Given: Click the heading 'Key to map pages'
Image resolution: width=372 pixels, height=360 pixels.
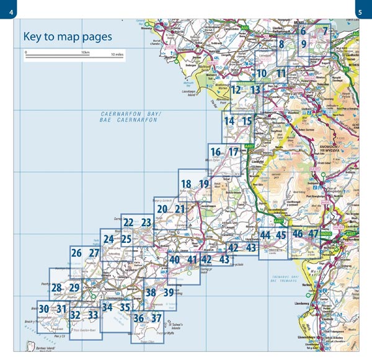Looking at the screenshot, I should pyautogui.click(x=68, y=37).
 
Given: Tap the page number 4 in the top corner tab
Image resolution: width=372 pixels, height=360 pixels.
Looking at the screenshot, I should pyautogui.click(x=7, y=9).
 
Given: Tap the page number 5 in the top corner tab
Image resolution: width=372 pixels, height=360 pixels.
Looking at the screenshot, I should pyautogui.click(x=365, y=9).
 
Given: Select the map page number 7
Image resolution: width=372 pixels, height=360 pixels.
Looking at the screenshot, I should pyautogui.click(x=324, y=30).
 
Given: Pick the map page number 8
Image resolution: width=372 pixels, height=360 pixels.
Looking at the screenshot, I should pyautogui.click(x=281, y=44).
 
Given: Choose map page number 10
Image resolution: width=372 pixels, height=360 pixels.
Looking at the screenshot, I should pyautogui.click(x=261, y=74).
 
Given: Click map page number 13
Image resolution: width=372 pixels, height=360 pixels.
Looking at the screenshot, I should pyautogui.click(x=255, y=90).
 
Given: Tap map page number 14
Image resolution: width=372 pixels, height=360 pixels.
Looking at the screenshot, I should pyautogui.click(x=229, y=121).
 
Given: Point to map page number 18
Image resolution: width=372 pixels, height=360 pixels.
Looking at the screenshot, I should pyautogui.click(x=186, y=183).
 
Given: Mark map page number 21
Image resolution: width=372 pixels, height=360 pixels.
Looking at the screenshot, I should pyautogui.click(x=180, y=209).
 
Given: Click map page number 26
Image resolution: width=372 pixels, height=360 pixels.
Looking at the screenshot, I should pyautogui.click(x=77, y=253).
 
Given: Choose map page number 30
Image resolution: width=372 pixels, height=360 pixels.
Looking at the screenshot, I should pyautogui.click(x=43, y=309).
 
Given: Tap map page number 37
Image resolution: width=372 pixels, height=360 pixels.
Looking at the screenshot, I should pyautogui.click(x=157, y=319).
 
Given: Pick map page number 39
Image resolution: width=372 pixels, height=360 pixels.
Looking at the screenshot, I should pyautogui.click(x=169, y=292).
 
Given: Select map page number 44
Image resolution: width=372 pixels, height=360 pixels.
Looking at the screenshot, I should pyautogui.click(x=265, y=235).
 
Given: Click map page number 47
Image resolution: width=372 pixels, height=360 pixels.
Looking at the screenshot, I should pyautogui.click(x=313, y=234).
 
